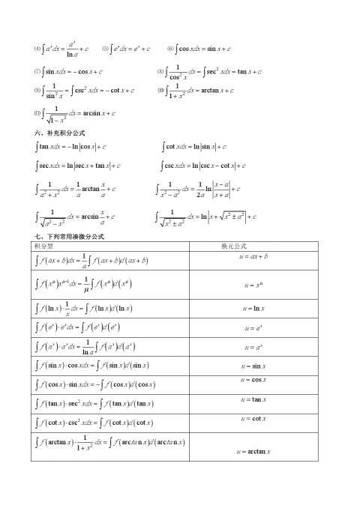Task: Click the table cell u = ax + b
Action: tap(254, 257)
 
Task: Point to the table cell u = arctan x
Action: tap(254, 452)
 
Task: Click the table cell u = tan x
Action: tap(253, 400)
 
